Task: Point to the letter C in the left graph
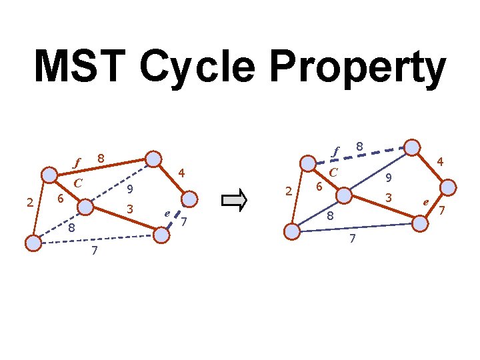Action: coord(78,183)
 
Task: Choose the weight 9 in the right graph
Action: coord(389,178)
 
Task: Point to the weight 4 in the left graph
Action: coord(181,173)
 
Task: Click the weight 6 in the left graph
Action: coord(60,199)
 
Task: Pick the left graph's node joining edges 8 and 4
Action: coord(154,159)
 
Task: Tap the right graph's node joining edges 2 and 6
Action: coord(307,164)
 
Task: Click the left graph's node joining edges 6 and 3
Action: coord(85,207)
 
